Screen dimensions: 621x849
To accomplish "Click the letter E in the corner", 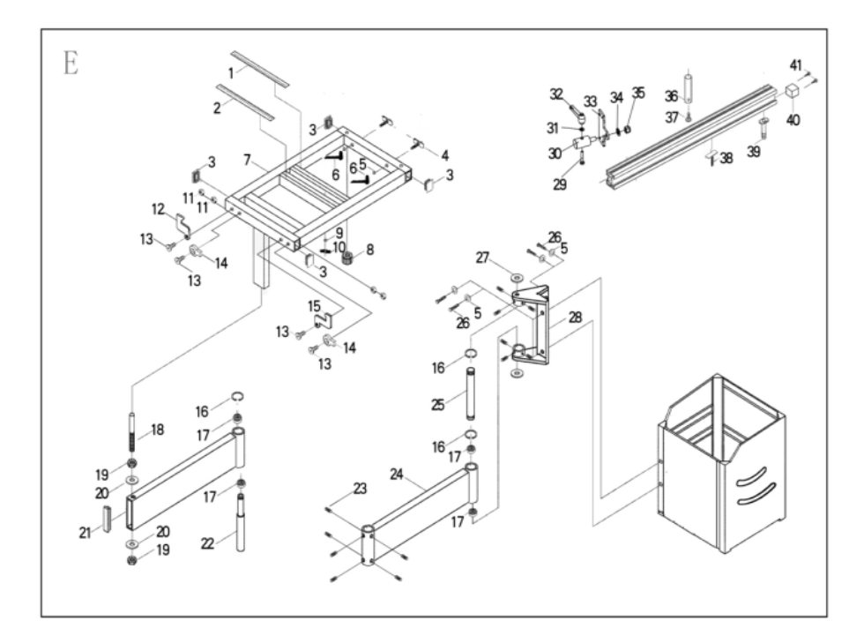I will [68, 64].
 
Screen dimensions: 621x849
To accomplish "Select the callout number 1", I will [232, 71].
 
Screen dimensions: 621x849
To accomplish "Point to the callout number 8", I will [369, 250].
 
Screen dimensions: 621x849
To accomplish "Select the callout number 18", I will [158, 430].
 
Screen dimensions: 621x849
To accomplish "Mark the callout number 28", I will [574, 317].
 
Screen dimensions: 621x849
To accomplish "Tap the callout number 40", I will [793, 119].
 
